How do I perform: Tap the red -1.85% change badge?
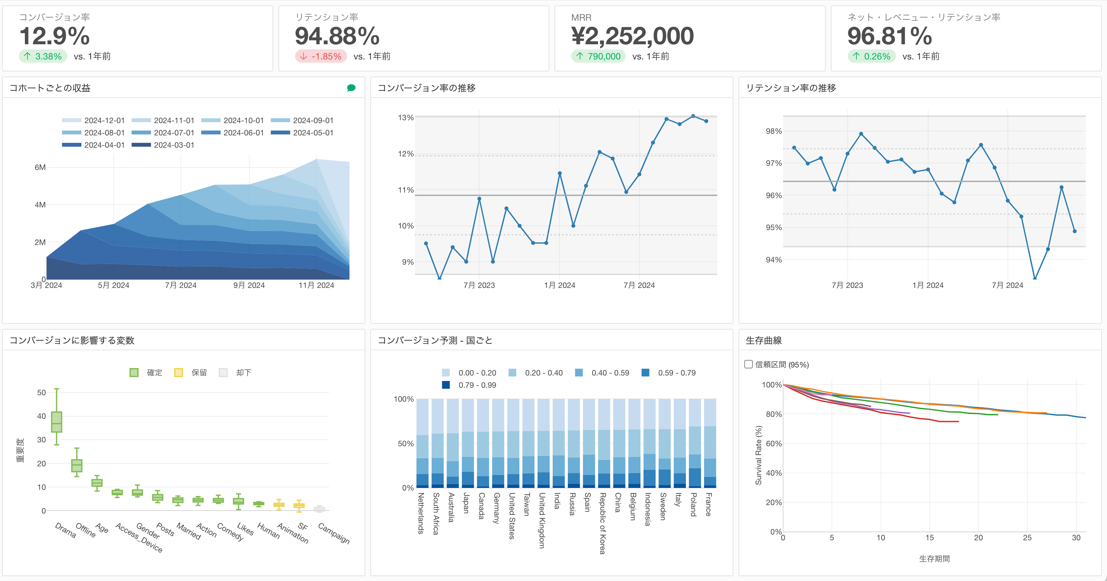[x=321, y=56]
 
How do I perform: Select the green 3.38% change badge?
[x=43, y=56]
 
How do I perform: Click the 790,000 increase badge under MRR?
[x=598, y=56]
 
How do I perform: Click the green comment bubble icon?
[x=351, y=88]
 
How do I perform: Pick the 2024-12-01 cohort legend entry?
[x=94, y=121]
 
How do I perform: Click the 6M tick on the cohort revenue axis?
[x=40, y=167]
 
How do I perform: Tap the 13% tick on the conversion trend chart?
[x=406, y=117]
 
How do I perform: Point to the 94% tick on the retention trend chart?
[x=773, y=259]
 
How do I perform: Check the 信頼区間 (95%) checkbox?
[x=749, y=364]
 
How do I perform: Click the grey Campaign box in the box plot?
[x=319, y=509]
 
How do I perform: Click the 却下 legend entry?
[x=235, y=373]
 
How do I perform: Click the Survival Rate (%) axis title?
[x=759, y=455]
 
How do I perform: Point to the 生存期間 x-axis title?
[x=934, y=559]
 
